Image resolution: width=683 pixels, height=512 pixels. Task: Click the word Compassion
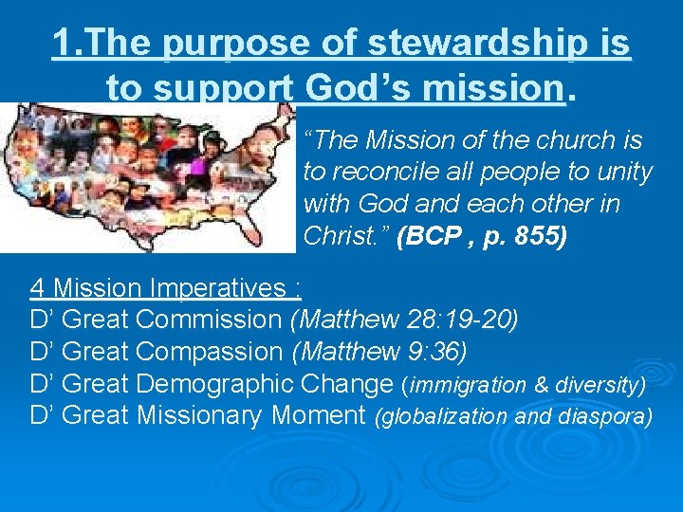pyautogui.click(x=209, y=352)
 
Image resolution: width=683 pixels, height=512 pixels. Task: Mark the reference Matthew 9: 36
pyautogui.click(x=379, y=352)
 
